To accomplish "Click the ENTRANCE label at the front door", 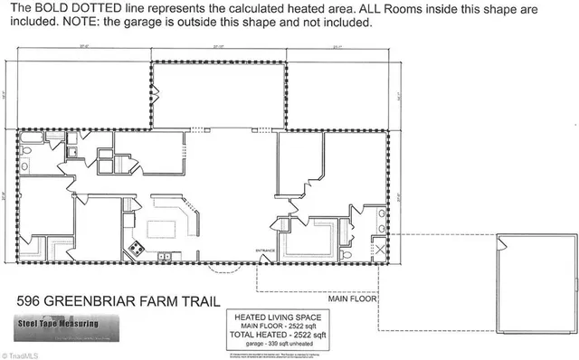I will click(265, 250).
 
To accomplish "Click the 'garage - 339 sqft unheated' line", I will click(277, 344).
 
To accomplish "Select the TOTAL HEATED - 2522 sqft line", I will click(277, 334).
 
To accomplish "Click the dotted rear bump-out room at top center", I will click(217, 95).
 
